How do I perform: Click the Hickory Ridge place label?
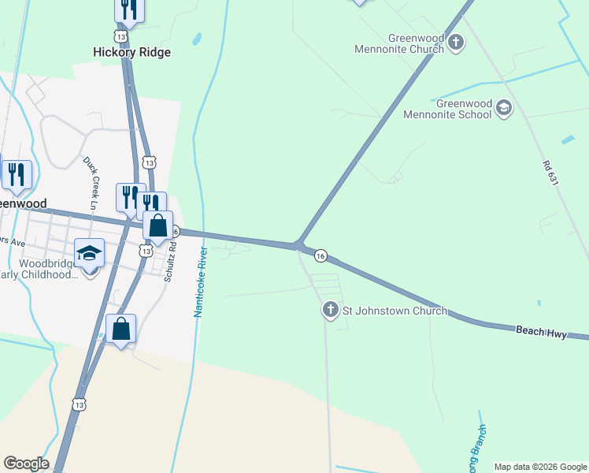[132, 52]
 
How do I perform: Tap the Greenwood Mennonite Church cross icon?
[456, 43]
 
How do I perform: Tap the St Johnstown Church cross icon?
[331, 310]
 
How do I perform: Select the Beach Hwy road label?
[542, 331]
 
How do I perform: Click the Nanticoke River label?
[201, 281]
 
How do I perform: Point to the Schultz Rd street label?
[170, 262]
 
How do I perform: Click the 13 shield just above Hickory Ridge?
[120, 37]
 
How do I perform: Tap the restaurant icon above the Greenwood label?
[17, 175]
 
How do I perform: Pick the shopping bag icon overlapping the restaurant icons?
[158, 225]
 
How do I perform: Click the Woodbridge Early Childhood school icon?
[89, 254]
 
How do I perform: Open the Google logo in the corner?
[26, 464]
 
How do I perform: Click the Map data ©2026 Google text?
[541, 467]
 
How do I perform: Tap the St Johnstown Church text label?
[395, 311]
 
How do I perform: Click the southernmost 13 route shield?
[79, 404]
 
